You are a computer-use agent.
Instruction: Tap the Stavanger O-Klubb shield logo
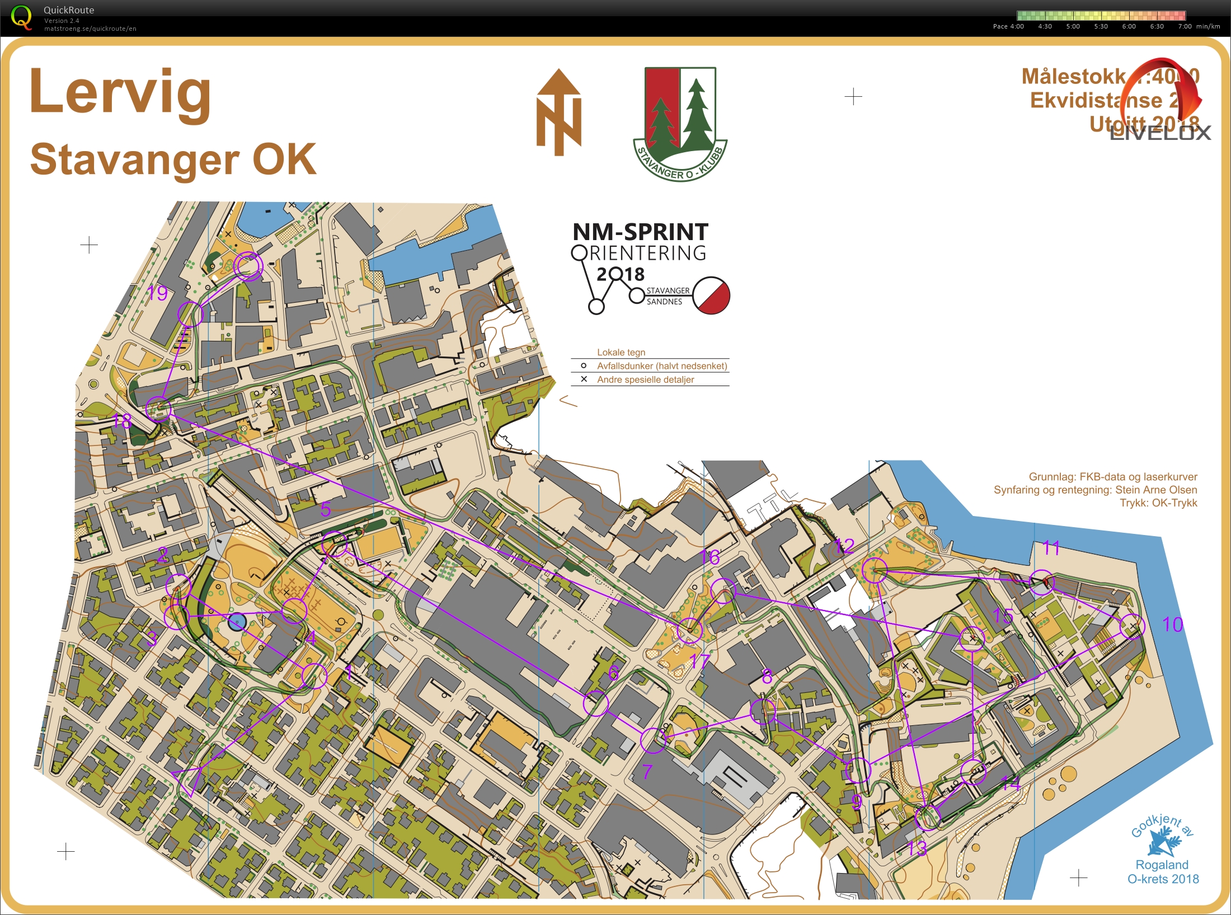coord(680,123)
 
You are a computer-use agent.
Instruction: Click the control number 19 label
coord(157,293)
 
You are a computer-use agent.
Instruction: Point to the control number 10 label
coord(1172,625)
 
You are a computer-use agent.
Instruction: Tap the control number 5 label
coord(326,509)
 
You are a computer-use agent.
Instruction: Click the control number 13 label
coord(917,848)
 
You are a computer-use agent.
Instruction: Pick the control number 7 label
coord(647,772)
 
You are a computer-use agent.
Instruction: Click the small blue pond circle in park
coord(237,621)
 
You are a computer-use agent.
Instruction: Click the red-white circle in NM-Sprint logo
coord(711,295)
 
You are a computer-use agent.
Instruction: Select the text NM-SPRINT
coord(640,232)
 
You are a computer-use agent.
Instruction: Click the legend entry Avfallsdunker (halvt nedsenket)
coord(661,366)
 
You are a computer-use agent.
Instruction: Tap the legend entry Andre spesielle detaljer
coord(645,379)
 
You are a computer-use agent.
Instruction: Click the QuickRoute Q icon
coord(21,17)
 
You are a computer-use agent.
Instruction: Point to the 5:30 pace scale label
coord(1101,26)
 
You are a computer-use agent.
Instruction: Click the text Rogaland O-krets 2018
coord(1163,872)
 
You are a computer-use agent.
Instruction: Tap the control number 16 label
coord(710,557)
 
